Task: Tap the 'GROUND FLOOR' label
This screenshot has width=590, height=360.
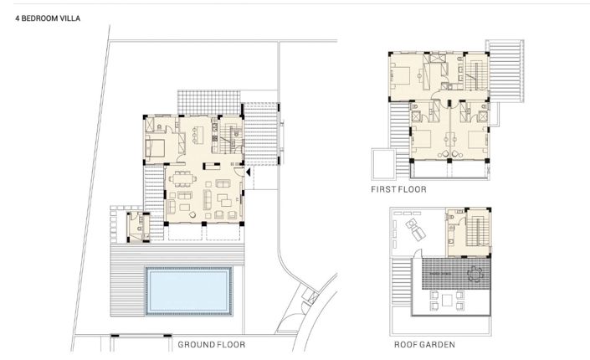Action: pos(212,344)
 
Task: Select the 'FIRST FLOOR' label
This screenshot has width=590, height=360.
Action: pos(398,190)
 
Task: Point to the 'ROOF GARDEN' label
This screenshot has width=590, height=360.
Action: pos(424,344)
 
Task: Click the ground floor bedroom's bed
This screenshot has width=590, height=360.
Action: pos(155,147)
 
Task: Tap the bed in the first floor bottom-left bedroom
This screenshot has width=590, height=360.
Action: pos(423,140)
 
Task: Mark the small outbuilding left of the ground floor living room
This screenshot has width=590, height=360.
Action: pos(136,226)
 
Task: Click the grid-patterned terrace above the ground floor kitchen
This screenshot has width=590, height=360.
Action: pos(197,101)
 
